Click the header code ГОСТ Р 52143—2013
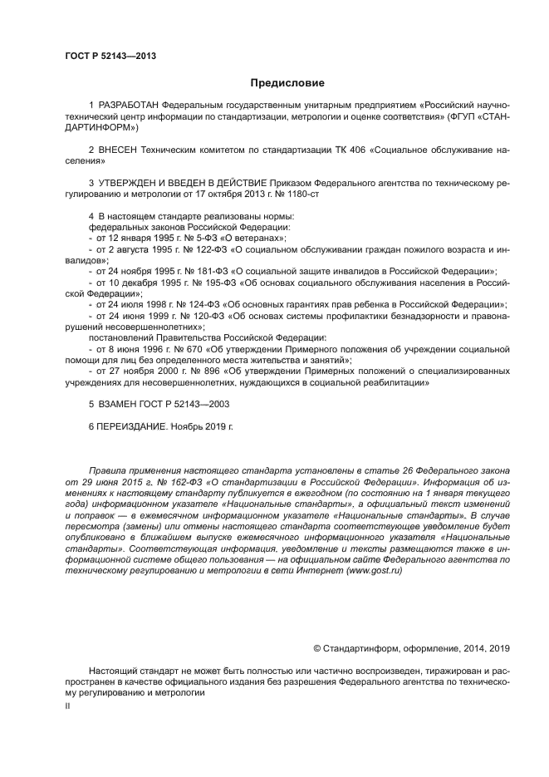110,57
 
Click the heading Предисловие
286,83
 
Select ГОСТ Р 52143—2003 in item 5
182,403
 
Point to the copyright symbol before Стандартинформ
317,648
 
